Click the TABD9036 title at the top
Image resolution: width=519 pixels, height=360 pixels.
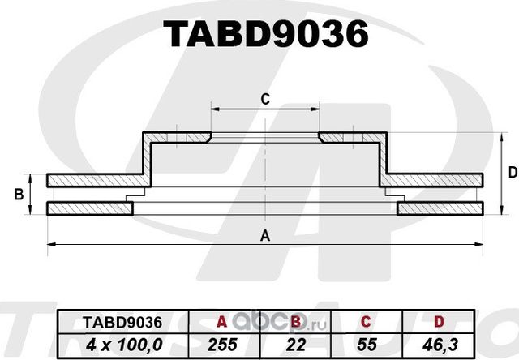click(x=266, y=34)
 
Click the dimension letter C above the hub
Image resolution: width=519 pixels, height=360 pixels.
click(x=264, y=99)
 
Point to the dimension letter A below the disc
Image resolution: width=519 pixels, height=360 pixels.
click(x=264, y=236)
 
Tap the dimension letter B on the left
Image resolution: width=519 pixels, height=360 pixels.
click(x=17, y=195)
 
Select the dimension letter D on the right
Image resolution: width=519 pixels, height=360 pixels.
click(x=512, y=172)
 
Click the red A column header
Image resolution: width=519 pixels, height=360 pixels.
click(x=220, y=322)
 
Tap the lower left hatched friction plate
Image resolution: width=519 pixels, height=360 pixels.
click(x=89, y=209)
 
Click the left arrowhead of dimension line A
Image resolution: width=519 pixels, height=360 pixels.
click(x=50, y=243)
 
